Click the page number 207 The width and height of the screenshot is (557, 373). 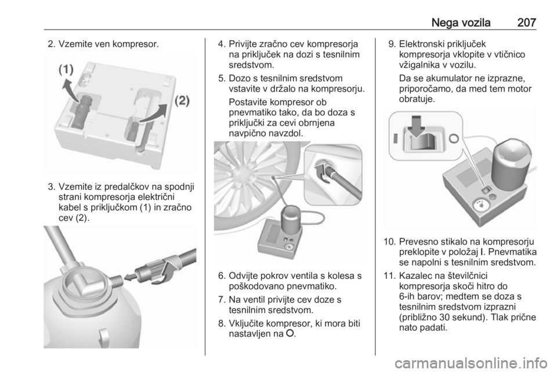(526, 23)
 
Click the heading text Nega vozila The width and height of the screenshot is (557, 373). (461, 23)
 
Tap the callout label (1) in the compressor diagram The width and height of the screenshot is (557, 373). (66, 69)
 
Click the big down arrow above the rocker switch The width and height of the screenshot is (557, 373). (417, 125)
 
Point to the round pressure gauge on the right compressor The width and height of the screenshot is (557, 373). (480, 206)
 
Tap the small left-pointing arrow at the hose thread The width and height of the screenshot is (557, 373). (131, 277)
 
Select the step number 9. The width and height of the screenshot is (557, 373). (392, 44)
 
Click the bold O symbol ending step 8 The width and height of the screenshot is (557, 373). (290, 334)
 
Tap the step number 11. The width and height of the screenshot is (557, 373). (389, 275)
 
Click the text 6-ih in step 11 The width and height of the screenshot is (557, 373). (407, 296)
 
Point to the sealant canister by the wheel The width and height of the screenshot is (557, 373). (291, 220)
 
